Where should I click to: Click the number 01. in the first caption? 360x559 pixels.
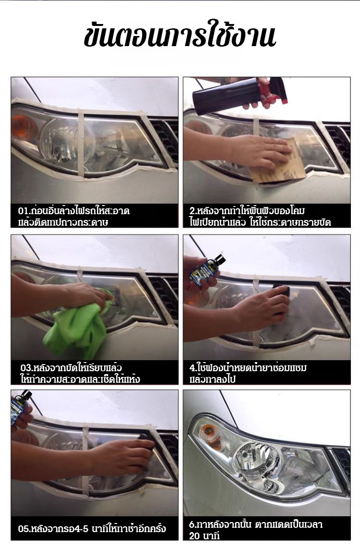tap(24, 211)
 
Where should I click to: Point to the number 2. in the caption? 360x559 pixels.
tap(192, 211)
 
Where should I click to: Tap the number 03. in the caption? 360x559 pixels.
tap(26, 368)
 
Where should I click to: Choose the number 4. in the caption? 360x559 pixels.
tap(192, 367)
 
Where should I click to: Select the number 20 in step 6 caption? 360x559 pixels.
tap(194, 536)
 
